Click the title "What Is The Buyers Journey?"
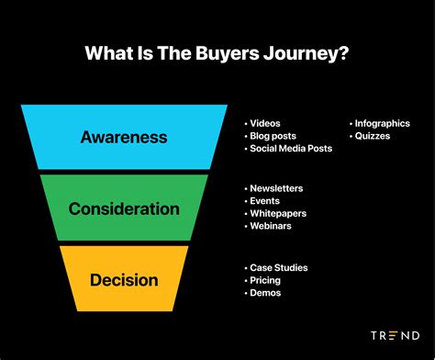[x=217, y=53]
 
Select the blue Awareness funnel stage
[x=124, y=138]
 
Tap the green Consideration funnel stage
[x=124, y=208]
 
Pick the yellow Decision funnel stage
[x=124, y=279]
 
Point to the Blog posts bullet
[x=272, y=136]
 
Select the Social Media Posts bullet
[x=290, y=149]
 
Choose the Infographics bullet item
[x=380, y=123]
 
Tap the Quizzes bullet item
[x=371, y=136]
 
